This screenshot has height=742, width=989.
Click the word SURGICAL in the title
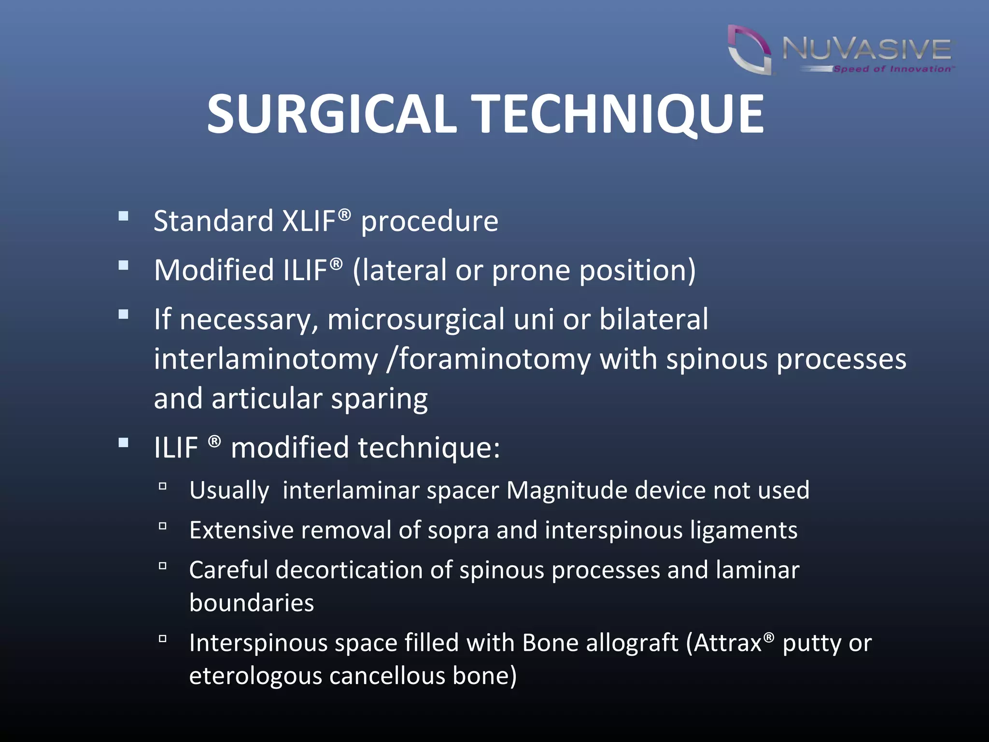point(332,114)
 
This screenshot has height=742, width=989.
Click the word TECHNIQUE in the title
point(618,114)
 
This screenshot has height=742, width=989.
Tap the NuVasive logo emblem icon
point(749,50)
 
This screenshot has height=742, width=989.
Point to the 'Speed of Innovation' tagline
point(892,69)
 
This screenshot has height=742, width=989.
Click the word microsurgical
point(416,320)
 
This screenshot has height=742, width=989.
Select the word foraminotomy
point(495,359)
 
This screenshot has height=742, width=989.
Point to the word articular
point(267,399)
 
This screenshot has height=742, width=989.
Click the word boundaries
point(252,603)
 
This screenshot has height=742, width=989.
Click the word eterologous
point(255,676)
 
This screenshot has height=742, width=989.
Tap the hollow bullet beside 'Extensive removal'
point(163,526)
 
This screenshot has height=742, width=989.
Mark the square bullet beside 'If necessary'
point(124,314)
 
